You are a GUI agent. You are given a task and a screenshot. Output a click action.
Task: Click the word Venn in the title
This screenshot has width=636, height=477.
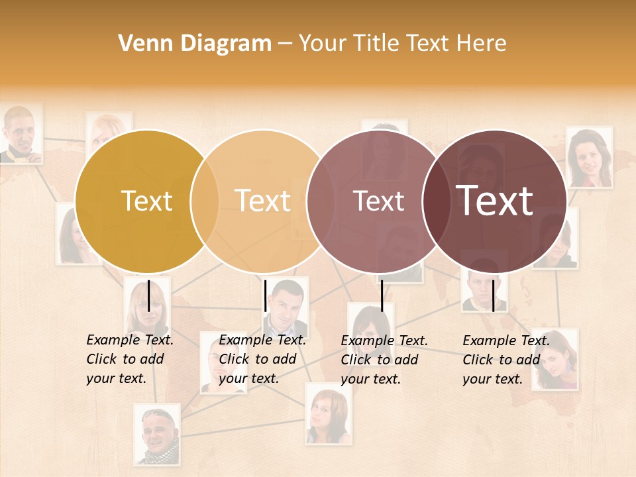(140, 44)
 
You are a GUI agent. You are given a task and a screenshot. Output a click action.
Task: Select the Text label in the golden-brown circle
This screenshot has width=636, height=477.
(146, 201)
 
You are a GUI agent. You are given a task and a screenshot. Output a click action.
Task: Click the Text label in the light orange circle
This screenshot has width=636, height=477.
(262, 201)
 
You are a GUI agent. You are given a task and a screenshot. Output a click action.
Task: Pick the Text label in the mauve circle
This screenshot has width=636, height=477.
(378, 201)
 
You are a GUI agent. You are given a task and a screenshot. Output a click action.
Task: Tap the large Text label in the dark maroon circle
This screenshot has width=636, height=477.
(495, 201)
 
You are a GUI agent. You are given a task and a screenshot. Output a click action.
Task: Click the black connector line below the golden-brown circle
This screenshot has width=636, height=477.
(148, 295)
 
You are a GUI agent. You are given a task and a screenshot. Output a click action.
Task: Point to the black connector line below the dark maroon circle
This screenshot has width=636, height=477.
(493, 295)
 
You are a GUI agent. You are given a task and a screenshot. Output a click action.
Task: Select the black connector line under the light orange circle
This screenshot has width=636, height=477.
(265, 295)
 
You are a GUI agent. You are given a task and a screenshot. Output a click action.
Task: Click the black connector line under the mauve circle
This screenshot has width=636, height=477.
(382, 295)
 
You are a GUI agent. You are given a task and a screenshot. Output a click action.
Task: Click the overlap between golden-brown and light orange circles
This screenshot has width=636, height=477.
(205, 201)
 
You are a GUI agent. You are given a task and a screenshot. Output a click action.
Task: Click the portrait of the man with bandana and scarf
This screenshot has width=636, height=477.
(157, 434)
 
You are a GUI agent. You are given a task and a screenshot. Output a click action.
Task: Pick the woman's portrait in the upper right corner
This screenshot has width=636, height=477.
(588, 157)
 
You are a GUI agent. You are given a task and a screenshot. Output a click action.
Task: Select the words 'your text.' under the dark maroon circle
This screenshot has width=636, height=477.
(492, 379)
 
